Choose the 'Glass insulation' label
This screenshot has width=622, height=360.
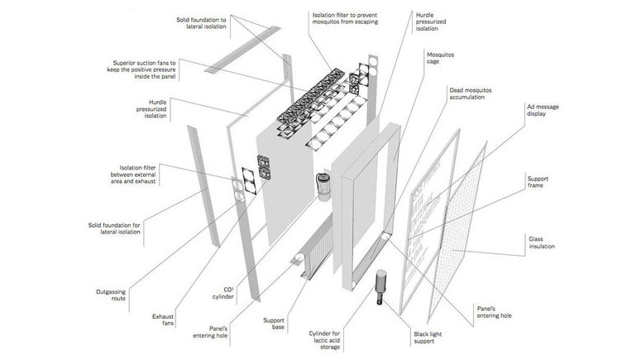tap(547, 242)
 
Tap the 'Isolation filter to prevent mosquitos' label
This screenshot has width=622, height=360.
tap(355, 20)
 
